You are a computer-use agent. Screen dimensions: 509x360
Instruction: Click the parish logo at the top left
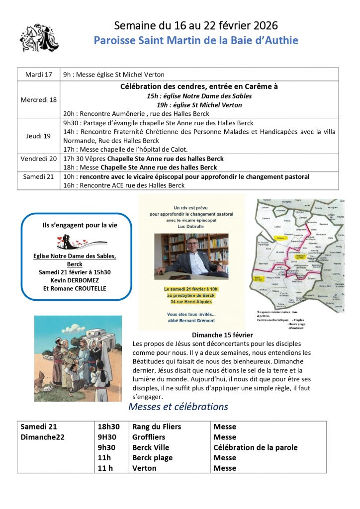click(39, 37)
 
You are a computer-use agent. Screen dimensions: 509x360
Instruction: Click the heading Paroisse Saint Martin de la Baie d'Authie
click(196, 40)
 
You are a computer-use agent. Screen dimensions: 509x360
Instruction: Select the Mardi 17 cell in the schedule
click(38, 75)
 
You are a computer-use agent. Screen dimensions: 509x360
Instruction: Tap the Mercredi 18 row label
click(38, 99)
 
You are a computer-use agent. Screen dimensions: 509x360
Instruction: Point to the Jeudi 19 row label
click(38, 136)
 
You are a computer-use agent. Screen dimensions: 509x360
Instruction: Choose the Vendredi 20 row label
click(38, 159)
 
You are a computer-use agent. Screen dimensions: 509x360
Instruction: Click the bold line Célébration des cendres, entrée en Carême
click(199, 86)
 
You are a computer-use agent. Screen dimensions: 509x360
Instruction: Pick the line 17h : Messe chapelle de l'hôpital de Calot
click(125, 149)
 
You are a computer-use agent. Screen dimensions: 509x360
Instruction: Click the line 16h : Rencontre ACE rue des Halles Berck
click(124, 185)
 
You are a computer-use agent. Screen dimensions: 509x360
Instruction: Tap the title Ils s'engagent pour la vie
click(80, 225)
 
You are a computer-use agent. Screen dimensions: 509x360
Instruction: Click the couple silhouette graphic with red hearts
click(81, 243)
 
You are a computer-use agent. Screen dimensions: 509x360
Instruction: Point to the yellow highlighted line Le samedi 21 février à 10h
click(191, 289)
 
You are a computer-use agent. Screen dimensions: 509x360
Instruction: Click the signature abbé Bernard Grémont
click(191, 321)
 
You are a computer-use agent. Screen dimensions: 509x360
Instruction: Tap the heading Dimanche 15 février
click(222, 335)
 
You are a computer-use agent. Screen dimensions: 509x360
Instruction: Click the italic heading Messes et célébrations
click(178, 407)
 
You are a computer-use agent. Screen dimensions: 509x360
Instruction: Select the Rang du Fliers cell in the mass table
click(156, 426)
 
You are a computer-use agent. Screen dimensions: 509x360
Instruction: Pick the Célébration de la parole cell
click(255, 447)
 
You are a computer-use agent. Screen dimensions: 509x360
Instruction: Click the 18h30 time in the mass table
click(109, 426)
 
